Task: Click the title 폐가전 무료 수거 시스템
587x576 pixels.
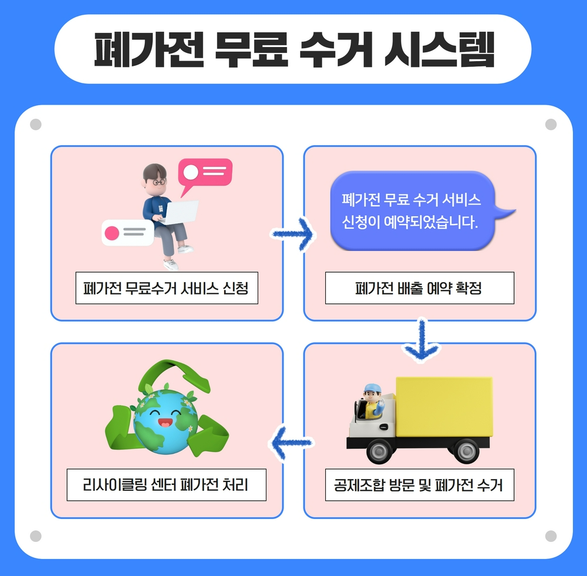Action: pos(293,49)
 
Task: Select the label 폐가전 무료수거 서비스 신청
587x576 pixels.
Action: pos(166,288)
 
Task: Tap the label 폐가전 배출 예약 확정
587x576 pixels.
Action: pos(419,288)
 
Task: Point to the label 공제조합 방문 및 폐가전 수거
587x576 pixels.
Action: pos(419,485)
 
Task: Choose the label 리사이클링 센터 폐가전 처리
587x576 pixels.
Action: pos(166,485)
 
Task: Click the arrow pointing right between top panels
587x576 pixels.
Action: pos(293,235)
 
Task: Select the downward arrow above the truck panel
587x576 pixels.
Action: pos(421,340)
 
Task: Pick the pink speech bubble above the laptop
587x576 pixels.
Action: pos(206,172)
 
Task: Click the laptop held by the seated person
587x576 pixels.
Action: pos(179,212)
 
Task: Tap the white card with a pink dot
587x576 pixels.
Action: pos(127,233)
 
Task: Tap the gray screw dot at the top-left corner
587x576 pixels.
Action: pos(35,125)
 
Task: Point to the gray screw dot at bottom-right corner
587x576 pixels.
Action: pos(551,536)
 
